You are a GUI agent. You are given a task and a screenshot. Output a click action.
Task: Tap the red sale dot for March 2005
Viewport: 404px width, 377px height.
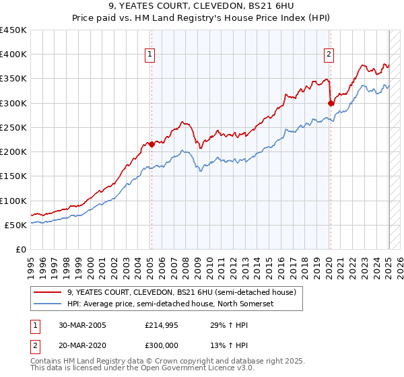tap(152, 144)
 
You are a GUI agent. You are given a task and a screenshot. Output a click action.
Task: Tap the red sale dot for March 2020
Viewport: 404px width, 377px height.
tap(331, 103)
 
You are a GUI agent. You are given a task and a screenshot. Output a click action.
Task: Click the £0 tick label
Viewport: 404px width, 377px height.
tap(21, 250)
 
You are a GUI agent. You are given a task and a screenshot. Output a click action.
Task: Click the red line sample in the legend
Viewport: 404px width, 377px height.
tap(48, 292)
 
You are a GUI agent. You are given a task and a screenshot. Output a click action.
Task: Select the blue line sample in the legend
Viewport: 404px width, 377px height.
tap(48, 304)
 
